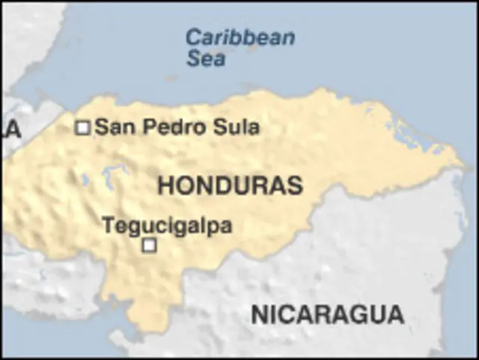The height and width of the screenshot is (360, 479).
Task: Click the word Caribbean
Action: tap(239, 37)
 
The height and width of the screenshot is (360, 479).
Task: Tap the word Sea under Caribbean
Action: tap(206, 58)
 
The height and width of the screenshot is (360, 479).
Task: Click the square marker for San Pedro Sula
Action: tap(82, 128)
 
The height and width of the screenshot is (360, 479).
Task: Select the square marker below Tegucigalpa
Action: tap(149, 245)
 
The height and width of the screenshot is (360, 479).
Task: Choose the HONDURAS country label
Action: tap(230, 186)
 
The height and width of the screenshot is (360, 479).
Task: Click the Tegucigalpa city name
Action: tap(167, 225)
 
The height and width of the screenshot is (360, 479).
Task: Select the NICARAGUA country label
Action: tap(327, 314)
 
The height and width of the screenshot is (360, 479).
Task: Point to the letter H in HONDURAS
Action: tap(166, 186)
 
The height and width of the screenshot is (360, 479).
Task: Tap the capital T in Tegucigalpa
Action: tap(108, 225)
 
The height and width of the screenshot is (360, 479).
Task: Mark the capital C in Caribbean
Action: tap(194, 37)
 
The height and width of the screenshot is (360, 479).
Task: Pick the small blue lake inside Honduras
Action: tap(115, 177)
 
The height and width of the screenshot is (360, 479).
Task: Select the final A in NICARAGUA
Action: tap(394, 314)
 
